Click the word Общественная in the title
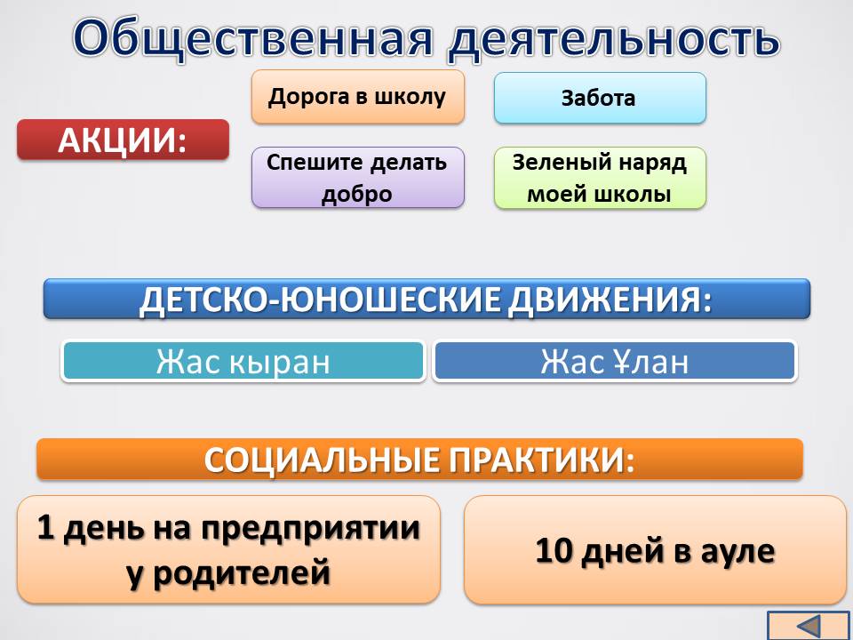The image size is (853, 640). pos(253,37)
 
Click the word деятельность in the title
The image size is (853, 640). pos(614,39)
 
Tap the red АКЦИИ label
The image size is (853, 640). pos(123,140)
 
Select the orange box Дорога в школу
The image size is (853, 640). pos(358,97)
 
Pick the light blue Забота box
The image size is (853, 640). pos(600,98)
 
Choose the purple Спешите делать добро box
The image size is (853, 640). pos(358,178)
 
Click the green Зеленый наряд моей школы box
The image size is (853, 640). pos(600,178)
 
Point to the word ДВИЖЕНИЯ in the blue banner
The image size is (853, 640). pos(610,300)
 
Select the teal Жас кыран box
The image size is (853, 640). pos(243,361)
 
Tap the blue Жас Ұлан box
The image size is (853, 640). pos(615,361)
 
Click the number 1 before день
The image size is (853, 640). pos(45,527)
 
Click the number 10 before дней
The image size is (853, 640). pos(554,550)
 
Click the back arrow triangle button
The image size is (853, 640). pos(810,626)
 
